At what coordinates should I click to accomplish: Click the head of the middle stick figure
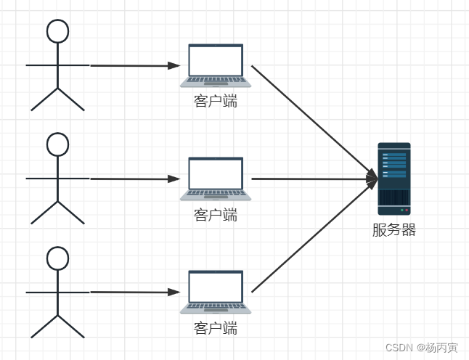click(x=57, y=144)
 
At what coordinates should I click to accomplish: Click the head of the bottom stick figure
click(x=57, y=258)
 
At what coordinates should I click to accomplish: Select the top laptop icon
click(x=216, y=65)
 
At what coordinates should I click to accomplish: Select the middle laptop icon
click(x=216, y=179)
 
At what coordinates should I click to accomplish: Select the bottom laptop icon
click(x=216, y=292)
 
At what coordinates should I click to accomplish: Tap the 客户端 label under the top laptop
click(x=216, y=101)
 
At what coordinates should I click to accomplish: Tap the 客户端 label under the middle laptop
click(x=216, y=215)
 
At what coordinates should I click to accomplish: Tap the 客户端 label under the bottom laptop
click(x=216, y=328)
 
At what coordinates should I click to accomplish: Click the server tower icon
click(x=394, y=179)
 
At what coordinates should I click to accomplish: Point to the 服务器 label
click(x=394, y=231)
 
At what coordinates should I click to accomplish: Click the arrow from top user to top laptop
click(x=134, y=65)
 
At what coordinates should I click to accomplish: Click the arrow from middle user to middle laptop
click(x=134, y=179)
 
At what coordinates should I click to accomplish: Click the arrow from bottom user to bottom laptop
click(x=134, y=292)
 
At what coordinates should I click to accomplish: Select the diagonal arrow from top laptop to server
click(x=312, y=119)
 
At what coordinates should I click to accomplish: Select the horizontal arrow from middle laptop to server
click(x=312, y=178)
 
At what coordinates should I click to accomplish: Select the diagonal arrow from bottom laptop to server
click(x=312, y=237)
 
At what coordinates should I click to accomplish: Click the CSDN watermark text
click(x=421, y=348)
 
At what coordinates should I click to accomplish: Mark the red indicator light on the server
click(x=407, y=210)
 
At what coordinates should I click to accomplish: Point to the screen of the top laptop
click(x=216, y=60)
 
